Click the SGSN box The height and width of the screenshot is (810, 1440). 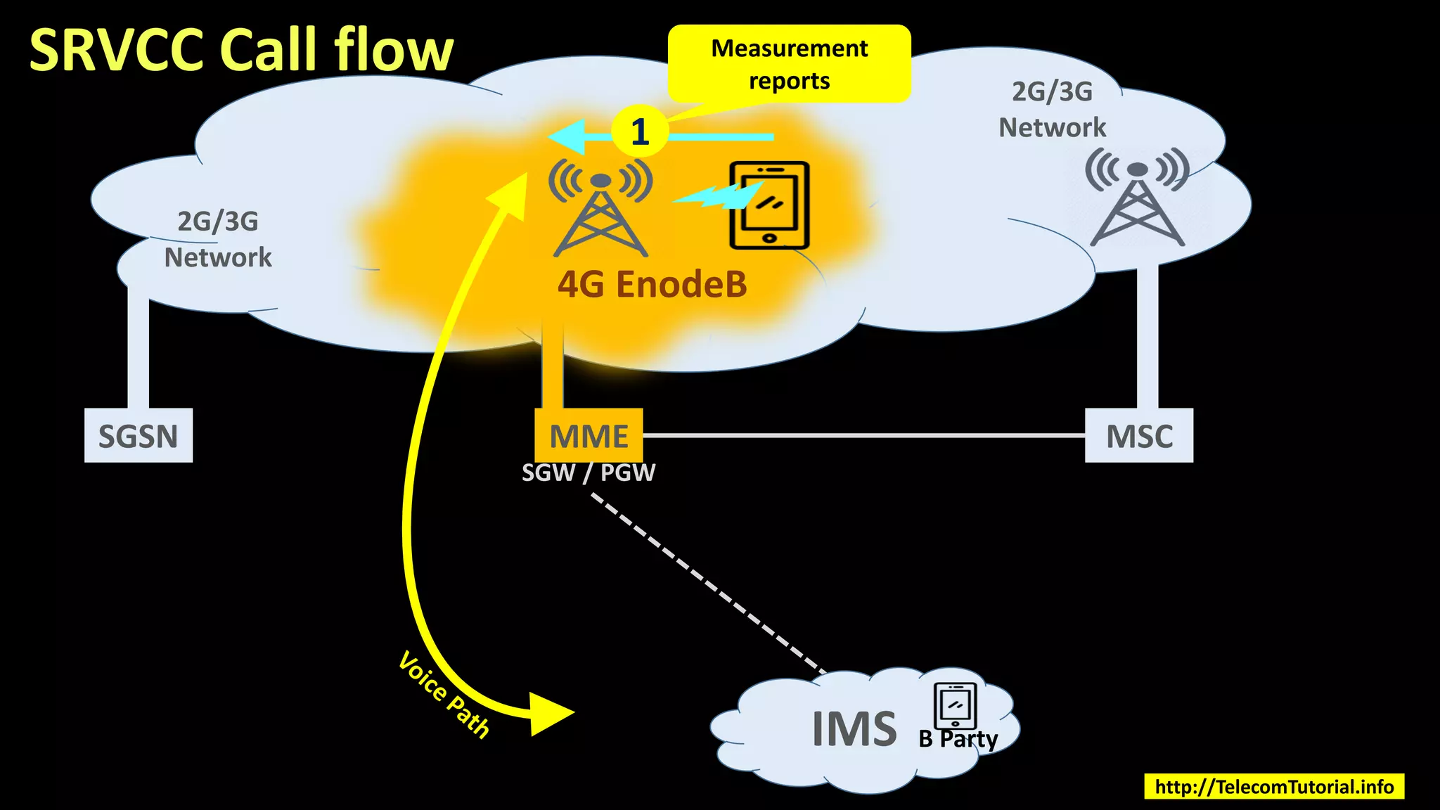(x=138, y=435)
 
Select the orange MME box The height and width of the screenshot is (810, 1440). (x=589, y=435)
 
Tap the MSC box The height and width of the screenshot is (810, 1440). (x=1138, y=435)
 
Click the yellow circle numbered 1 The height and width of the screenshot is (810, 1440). (x=638, y=131)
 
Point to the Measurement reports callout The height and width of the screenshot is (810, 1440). (x=789, y=64)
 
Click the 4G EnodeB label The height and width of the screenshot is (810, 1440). (x=652, y=285)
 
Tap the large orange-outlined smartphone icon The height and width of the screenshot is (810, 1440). (x=769, y=205)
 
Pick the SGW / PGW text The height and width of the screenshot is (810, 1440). (x=589, y=472)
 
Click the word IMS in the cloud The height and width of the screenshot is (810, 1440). (x=854, y=729)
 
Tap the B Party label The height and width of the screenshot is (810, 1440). (x=958, y=739)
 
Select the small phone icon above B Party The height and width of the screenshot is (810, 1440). (x=955, y=705)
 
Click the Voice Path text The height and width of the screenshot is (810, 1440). (x=444, y=695)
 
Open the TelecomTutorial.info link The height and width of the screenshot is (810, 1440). (x=1273, y=786)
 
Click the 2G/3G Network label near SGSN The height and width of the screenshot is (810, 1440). (x=217, y=240)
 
